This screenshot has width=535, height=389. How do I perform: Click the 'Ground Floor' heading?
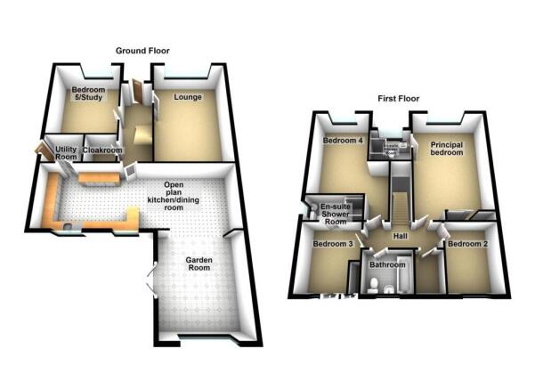(142, 51)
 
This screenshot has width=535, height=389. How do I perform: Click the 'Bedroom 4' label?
(342, 141)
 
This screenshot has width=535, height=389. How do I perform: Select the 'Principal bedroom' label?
(447, 148)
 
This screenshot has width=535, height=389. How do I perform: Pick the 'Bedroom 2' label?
(467, 243)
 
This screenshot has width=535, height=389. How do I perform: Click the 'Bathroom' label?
(388, 264)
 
